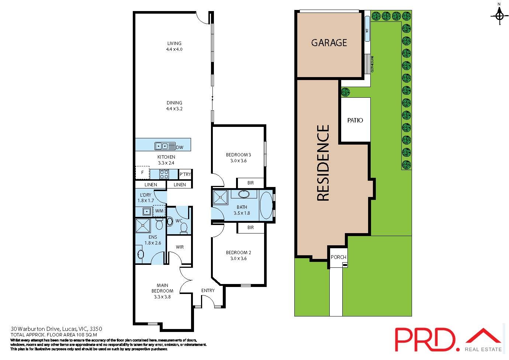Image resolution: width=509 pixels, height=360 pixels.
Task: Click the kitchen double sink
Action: (165, 146)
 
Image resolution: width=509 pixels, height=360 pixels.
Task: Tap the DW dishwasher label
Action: (180, 148)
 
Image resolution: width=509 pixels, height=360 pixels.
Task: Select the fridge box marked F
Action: (142, 173)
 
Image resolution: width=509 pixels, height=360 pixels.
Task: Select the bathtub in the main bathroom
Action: (266, 205)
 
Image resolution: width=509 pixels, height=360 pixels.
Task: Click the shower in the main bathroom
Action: (220, 198)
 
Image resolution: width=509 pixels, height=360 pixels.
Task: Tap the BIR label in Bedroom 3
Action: (250, 183)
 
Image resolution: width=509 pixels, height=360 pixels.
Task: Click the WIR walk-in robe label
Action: (180, 247)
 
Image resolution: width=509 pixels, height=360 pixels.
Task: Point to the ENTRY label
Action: (208, 291)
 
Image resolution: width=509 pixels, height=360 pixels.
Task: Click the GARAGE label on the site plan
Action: (329, 43)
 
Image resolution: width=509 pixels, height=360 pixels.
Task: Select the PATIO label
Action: (355, 120)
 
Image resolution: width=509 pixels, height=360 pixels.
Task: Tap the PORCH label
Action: (338, 257)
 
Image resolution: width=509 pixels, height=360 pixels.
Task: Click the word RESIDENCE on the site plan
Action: (323, 163)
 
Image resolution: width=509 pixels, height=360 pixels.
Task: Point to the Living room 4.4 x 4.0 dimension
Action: (174, 49)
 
